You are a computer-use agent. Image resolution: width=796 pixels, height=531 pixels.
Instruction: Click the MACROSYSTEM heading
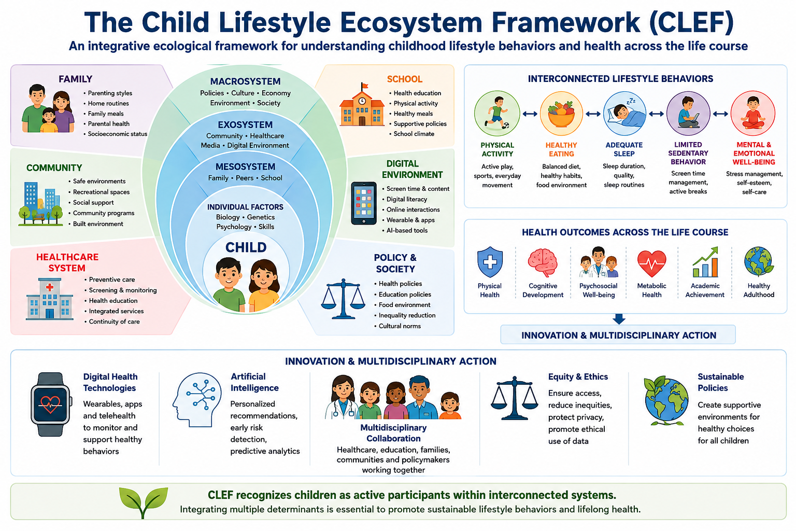(245, 81)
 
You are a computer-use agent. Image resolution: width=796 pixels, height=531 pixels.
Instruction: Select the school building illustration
(362, 105)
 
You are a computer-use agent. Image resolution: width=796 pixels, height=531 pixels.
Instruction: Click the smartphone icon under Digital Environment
(363, 203)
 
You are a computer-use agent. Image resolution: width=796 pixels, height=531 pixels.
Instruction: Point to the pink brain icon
(543, 262)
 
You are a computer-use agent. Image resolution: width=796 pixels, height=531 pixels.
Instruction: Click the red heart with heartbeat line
(652, 263)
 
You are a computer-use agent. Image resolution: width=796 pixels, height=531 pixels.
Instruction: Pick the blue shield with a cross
(490, 262)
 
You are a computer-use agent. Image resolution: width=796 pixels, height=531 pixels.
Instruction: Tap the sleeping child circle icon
(624, 114)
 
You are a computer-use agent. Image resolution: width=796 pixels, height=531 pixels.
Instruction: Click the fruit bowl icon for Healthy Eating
(561, 114)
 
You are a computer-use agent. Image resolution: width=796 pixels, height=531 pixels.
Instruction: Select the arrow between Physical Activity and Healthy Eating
(530, 114)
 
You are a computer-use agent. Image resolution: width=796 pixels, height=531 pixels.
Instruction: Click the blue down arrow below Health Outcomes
(619, 319)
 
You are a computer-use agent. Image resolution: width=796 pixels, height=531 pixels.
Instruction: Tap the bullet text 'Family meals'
(106, 114)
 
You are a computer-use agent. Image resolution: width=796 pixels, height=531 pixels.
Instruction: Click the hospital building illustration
(49, 299)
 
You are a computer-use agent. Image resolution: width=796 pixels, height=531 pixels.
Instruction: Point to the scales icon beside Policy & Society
(343, 299)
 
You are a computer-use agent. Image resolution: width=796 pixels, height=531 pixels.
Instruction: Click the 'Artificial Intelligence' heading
(254, 382)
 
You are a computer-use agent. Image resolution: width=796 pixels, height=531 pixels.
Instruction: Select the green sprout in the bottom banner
(143, 502)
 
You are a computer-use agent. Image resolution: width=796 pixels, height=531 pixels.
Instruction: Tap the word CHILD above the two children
(246, 247)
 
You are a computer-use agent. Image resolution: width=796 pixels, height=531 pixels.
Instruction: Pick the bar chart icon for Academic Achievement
(705, 262)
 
